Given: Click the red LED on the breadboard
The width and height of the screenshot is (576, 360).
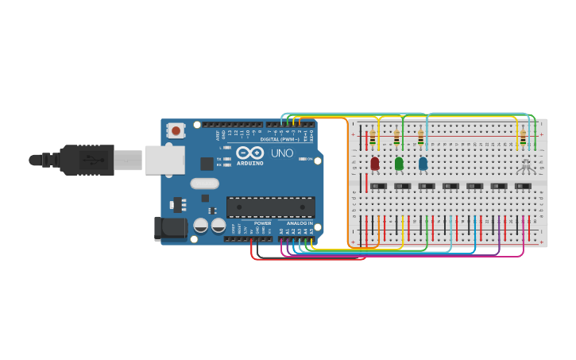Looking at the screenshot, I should pos(374,163).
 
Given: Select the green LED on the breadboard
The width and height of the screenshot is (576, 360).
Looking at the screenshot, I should pos(399,163).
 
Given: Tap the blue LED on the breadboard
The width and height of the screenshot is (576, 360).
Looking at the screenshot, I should pos(423,163).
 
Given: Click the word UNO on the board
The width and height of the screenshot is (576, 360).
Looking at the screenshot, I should pos(282,153).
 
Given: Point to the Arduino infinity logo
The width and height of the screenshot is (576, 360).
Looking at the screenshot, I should pos(249,153).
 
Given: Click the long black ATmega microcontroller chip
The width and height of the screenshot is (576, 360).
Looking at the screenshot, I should pos(270,207).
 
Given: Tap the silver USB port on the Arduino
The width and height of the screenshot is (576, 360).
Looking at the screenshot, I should pos(164,160).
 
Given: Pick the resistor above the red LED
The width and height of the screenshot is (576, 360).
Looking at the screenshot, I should pos(373,138).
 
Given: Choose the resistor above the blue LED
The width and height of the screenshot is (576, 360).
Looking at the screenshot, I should pos(421,138).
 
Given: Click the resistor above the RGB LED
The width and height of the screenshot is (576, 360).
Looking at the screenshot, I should pos(523,138).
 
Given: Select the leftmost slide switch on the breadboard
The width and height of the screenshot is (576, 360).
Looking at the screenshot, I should pos(379,186).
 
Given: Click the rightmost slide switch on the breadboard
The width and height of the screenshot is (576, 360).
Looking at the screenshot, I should pos(522,186).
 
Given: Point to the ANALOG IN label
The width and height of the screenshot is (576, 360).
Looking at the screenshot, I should pos(300,224).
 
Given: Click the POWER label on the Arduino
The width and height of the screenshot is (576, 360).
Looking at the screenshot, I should pos(263,224).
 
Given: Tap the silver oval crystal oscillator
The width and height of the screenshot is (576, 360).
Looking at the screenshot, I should pos(204,184).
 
